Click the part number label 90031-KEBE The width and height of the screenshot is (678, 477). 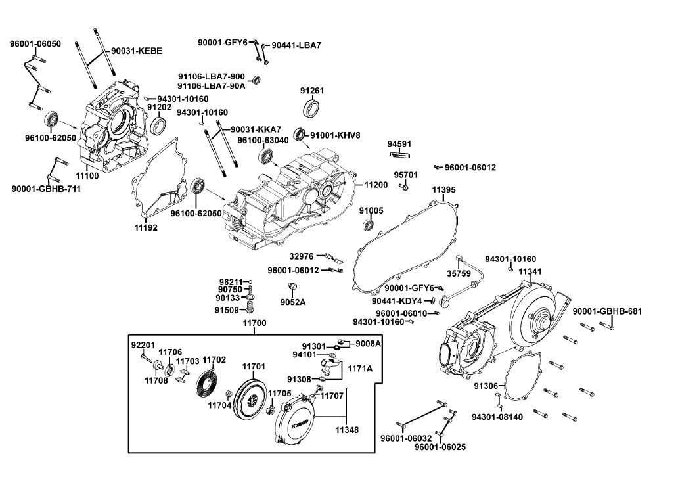(137, 51)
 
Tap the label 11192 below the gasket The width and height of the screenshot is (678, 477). (146, 227)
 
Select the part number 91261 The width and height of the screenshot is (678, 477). (312, 91)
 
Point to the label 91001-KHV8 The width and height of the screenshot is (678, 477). (335, 135)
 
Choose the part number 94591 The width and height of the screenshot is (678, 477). (399, 144)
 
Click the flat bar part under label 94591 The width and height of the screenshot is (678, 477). (400, 154)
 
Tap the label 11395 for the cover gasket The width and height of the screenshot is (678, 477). (443, 189)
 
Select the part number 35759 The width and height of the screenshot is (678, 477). (459, 273)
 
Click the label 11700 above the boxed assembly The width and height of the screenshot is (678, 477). (254, 323)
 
